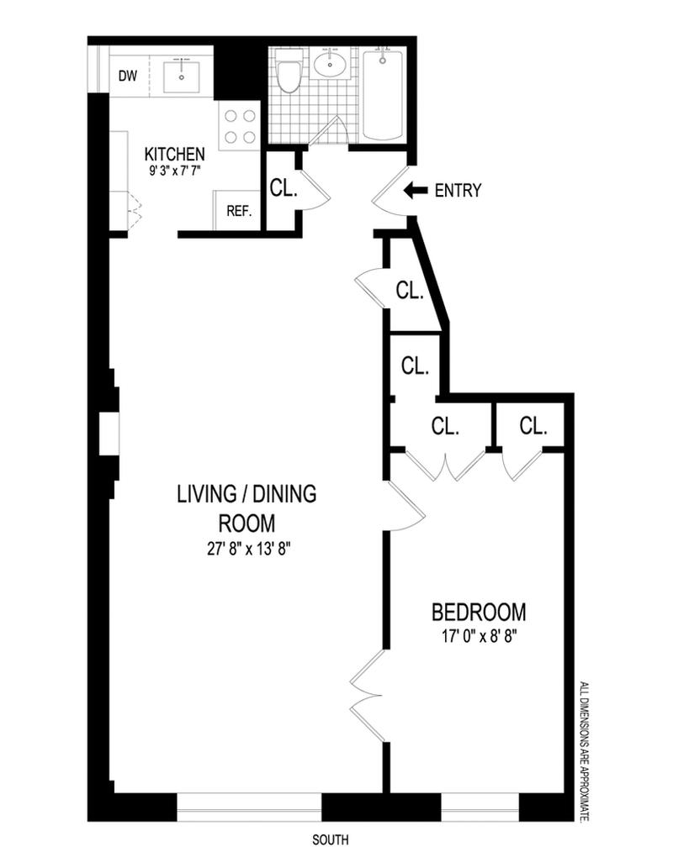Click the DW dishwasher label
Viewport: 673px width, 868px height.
pyautogui.click(x=128, y=76)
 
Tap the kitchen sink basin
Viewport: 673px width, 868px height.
pyautogui.click(x=181, y=77)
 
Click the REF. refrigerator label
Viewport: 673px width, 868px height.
pyautogui.click(x=240, y=211)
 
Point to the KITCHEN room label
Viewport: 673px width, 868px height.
pyautogui.click(x=174, y=154)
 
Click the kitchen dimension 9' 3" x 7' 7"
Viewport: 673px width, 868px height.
pyautogui.click(x=174, y=171)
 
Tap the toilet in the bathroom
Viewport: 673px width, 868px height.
pyautogui.click(x=289, y=71)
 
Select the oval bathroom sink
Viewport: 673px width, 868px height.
pyautogui.click(x=331, y=64)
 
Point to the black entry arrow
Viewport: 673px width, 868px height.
pyautogui.click(x=416, y=191)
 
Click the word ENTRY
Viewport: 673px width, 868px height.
pyautogui.click(x=458, y=191)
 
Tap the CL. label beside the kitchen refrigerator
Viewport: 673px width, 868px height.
pyautogui.click(x=284, y=188)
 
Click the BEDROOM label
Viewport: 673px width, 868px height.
pyautogui.click(x=479, y=613)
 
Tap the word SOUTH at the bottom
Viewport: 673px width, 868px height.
pyautogui.click(x=331, y=840)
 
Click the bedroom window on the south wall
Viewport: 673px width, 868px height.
pyautogui.click(x=480, y=808)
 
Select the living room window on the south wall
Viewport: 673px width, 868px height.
pyautogui.click(x=250, y=808)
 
